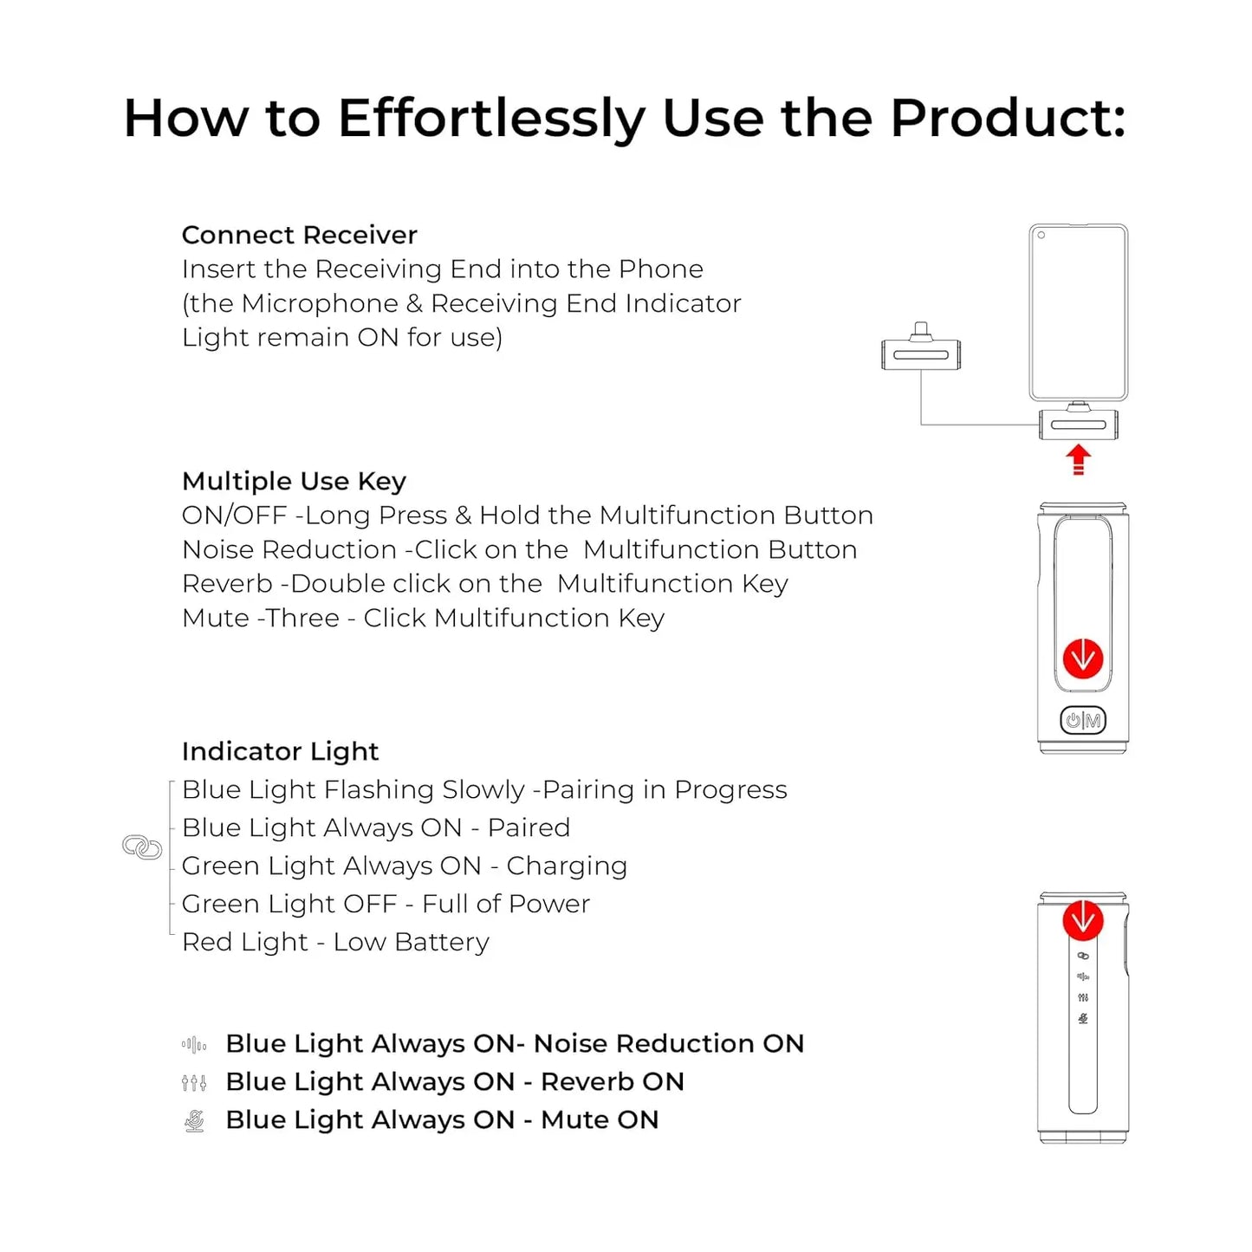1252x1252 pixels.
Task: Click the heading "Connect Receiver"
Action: (x=299, y=235)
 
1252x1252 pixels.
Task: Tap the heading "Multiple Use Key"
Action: (x=294, y=482)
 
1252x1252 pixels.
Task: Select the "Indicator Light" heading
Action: (x=280, y=752)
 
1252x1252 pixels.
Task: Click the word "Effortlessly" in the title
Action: (x=492, y=119)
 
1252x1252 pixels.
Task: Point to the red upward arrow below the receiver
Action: (x=1078, y=460)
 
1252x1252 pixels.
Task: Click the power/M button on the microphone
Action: (x=1082, y=720)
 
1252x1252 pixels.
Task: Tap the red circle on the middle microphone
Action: (x=1082, y=658)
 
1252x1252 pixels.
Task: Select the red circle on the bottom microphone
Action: (x=1082, y=920)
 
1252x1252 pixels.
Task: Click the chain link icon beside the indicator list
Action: (x=142, y=847)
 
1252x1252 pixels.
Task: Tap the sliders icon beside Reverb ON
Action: (x=194, y=1083)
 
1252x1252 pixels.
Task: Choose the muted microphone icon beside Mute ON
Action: (x=194, y=1121)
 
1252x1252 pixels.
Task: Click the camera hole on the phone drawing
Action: (x=1041, y=235)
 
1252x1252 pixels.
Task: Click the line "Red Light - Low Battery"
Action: (x=335, y=943)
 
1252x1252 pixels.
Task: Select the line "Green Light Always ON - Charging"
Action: (x=404, y=866)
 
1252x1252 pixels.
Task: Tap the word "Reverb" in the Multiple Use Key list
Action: (x=227, y=584)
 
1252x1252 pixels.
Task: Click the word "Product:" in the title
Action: (x=1008, y=118)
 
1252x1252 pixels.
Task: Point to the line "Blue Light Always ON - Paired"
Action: (x=375, y=828)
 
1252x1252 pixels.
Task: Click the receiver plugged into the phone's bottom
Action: (x=1078, y=421)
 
